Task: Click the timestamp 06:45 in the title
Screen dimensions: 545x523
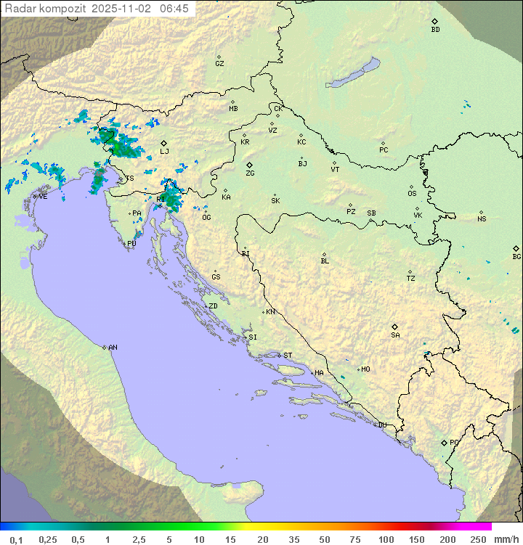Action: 176,8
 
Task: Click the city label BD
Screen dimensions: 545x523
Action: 435,30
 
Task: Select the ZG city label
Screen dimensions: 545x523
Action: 250,173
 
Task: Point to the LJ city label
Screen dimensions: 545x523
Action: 164,152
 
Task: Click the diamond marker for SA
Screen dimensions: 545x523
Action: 395,327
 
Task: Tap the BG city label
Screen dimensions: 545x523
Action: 516,256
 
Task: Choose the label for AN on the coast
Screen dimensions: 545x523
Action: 113,348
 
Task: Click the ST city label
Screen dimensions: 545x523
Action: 288,356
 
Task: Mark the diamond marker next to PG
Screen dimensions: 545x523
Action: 444,442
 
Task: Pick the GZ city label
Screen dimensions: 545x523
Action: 219,64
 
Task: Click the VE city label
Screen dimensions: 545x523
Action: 43,197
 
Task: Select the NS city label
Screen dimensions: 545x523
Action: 482,219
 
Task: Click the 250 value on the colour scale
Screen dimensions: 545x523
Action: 478,539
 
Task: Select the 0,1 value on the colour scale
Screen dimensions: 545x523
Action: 16,539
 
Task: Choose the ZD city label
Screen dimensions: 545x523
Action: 213,306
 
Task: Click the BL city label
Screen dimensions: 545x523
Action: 325,261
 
